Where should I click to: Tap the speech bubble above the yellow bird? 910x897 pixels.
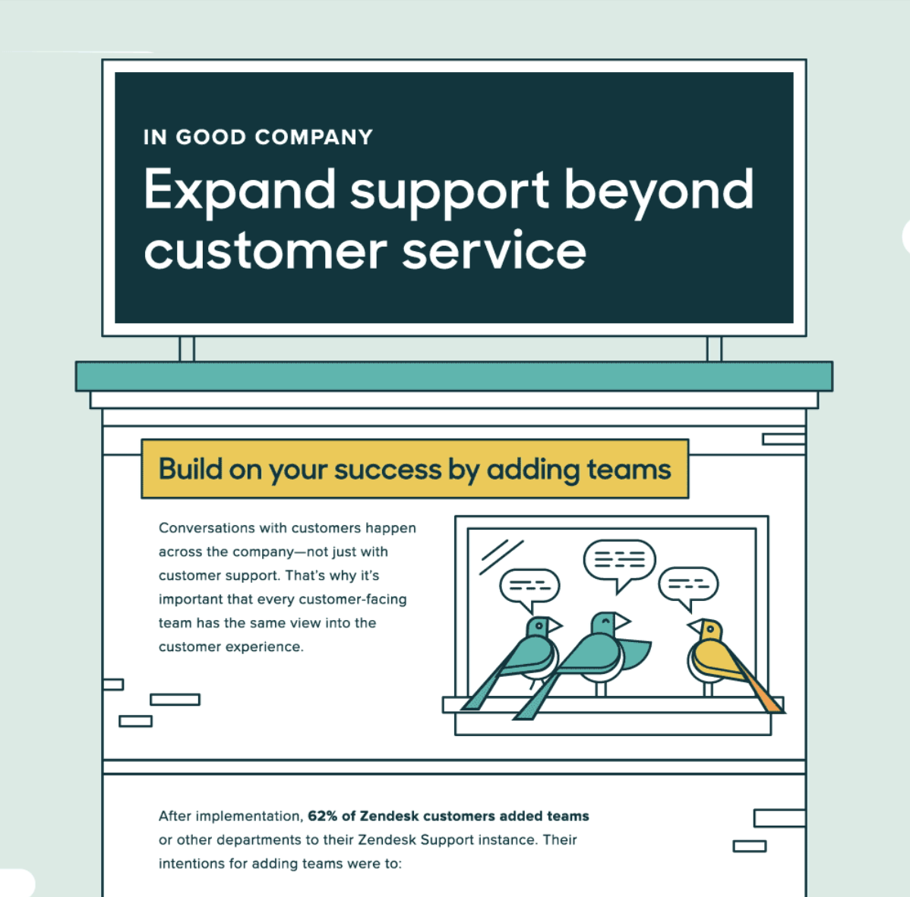688,586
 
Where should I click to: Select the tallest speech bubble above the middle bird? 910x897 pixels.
619,562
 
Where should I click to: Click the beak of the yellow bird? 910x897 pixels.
694,626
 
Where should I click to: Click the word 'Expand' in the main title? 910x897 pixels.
240,192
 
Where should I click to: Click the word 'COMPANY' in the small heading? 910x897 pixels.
314,137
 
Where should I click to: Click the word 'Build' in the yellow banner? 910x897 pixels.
191,468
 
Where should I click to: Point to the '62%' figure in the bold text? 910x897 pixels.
322,816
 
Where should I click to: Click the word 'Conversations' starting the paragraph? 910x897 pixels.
207,528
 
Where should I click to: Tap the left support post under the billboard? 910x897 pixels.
187,349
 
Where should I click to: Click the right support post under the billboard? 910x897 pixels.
715,349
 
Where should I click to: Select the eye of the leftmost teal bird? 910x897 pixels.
539,626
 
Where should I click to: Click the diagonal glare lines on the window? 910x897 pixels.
501,556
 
